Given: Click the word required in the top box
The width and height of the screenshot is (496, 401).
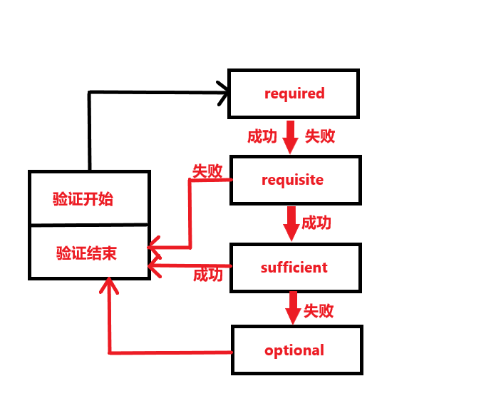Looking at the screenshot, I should (294, 93).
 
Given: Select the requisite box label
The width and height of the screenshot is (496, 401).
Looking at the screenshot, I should (292, 180).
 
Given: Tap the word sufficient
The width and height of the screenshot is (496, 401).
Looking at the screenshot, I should (294, 268).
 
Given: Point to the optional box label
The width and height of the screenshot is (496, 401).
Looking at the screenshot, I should (294, 350).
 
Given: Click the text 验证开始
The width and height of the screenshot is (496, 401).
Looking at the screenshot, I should (83, 199).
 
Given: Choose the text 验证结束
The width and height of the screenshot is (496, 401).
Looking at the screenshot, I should (86, 253).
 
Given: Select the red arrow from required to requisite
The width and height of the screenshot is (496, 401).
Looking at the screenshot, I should (290, 137).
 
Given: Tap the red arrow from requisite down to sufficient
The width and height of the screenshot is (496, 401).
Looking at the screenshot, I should (291, 223).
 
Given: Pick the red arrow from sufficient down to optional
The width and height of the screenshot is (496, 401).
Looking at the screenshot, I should (292, 308).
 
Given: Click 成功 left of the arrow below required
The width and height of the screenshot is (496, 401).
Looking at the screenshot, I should (262, 137).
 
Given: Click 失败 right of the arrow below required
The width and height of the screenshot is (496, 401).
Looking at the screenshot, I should (320, 136).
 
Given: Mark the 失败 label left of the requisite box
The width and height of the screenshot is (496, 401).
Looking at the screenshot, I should (207, 171).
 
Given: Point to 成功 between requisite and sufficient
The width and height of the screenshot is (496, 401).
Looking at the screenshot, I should (316, 223).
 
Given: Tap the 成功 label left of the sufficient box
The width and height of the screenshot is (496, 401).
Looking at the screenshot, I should (208, 275).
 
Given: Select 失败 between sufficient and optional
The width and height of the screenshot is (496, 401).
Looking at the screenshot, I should (319, 311).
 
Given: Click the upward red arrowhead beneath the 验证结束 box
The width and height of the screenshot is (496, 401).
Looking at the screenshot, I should (108, 287).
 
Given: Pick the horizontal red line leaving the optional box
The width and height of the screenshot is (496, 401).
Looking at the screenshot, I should (171, 352).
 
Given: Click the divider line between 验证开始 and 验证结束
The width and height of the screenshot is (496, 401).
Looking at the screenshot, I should (89, 225).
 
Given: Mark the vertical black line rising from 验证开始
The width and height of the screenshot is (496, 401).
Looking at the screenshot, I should (90, 132).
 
